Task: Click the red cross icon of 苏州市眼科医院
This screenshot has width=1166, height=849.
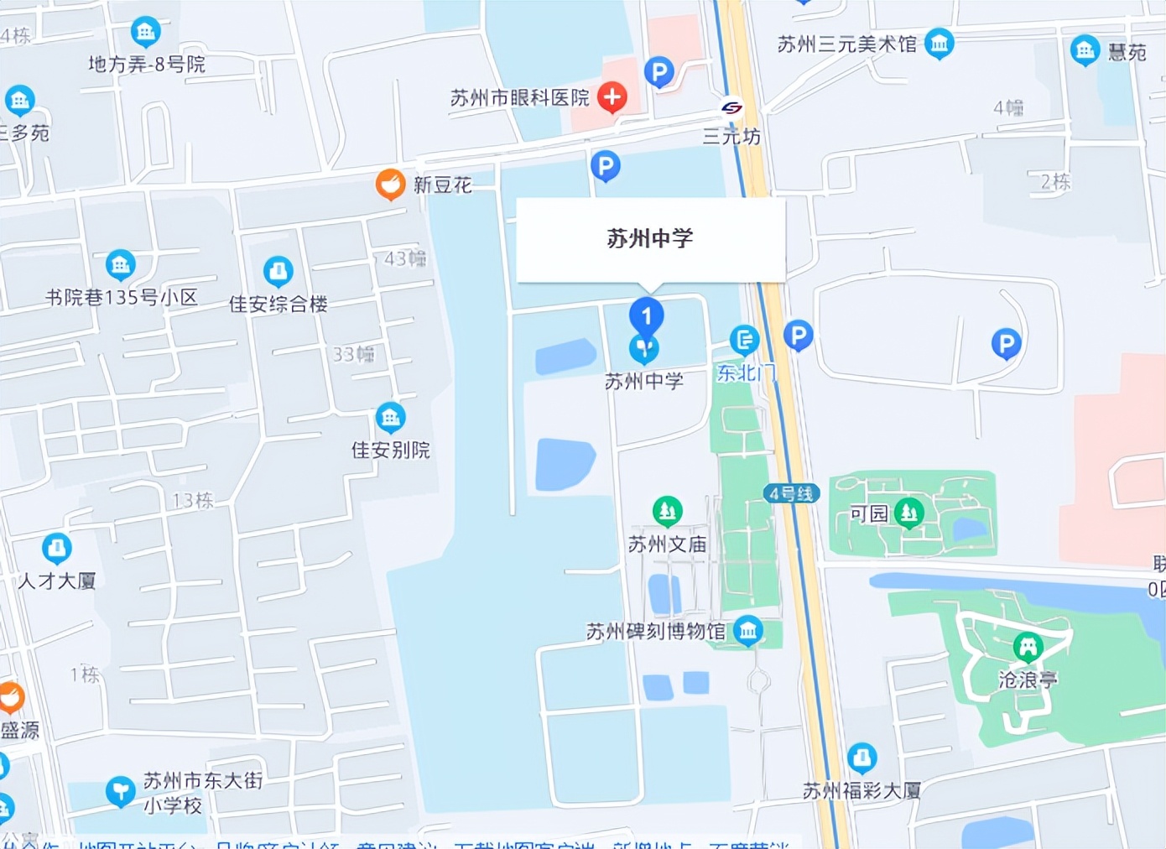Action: pyautogui.click(x=612, y=97)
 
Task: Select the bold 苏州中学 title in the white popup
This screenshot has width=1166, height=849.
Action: pyautogui.click(x=650, y=238)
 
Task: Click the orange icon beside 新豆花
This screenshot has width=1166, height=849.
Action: pyautogui.click(x=390, y=184)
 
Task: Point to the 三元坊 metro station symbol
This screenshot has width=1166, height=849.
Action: pyautogui.click(x=731, y=108)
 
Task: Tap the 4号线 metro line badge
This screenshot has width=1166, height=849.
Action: pyautogui.click(x=791, y=494)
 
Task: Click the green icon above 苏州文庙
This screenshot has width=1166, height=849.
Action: pyautogui.click(x=667, y=509)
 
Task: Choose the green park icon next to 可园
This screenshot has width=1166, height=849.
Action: pyautogui.click(x=908, y=512)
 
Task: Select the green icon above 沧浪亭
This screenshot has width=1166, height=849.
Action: pyautogui.click(x=1028, y=646)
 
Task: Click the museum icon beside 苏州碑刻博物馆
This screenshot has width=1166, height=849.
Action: pyautogui.click(x=747, y=630)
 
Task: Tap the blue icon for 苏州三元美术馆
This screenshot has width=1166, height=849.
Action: pyautogui.click(x=939, y=43)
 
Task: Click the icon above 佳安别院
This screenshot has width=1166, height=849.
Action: pyautogui.click(x=390, y=417)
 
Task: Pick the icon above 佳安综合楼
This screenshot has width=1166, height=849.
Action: pyautogui.click(x=278, y=271)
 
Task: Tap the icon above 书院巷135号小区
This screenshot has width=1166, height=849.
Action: pyautogui.click(x=120, y=264)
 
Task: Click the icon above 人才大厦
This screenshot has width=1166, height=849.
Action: pyautogui.click(x=56, y=548)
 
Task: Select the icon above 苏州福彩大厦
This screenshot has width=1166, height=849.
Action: pyautogui.click(x=861, y=758)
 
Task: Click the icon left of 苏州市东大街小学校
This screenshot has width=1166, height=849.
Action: pyautogui.click(x=120, y=790)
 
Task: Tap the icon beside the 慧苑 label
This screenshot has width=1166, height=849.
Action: pyautogui.click(x=1085, y=50)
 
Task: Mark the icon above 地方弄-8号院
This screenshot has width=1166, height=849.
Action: pyautogui.click(x=145, y=32)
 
